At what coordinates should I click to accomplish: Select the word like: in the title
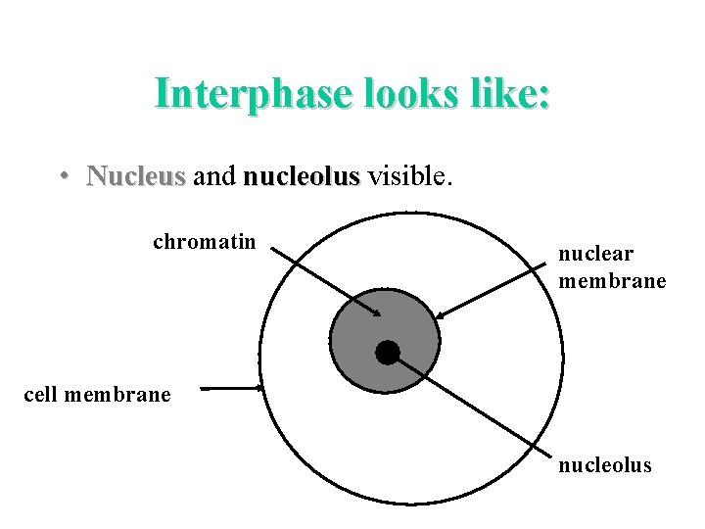[x=504, y=94]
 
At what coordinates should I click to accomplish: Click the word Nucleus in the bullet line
[x=135, y=176]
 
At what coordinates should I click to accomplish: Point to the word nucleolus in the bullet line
[x=302, y=176]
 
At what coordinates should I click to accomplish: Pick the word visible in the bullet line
[x=406, y=176]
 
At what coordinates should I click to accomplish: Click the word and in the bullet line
[x=214, y=176]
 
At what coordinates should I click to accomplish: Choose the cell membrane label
[x=97, y=395]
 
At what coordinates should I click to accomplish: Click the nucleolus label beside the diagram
[x=604, y=465]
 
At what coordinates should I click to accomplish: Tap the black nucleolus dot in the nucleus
[x=388, y=352]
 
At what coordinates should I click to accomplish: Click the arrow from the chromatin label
[x=323, y=281]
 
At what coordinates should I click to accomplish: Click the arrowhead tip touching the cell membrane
[x=261, y=388]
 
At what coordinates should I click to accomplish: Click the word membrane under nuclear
[x=612, y=281]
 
